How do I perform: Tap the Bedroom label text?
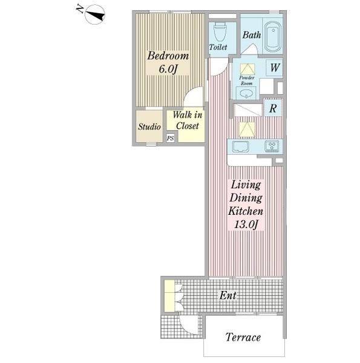coord(168,56)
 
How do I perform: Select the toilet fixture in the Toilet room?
coord(220,32)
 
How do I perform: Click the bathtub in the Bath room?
coord(273,36)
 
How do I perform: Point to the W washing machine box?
coord(274,68)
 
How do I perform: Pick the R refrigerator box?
coord(273,108)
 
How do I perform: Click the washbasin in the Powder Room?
coord(246,94)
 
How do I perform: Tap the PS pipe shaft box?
coord(171,138)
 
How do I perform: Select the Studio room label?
coord(149,126)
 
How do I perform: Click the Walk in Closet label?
coord(188,120)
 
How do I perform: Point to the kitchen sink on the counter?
coord(241,147)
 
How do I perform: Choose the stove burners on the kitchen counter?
coord(272,146)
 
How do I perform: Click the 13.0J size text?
coord(246,224)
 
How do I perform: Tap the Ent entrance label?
coord(228,295)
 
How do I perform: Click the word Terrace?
coord(243,337)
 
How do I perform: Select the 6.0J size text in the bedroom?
coord(168,69)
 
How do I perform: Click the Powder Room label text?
coord(247,80)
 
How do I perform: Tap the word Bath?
coord(252,35)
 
